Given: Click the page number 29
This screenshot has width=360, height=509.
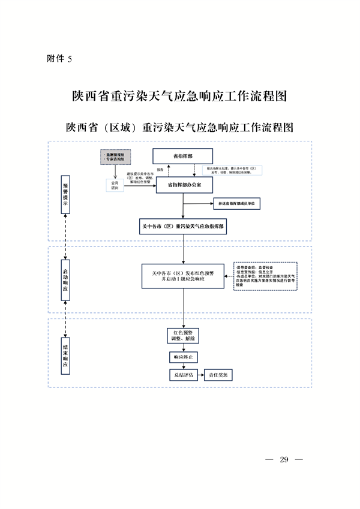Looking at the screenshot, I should click(284, 460).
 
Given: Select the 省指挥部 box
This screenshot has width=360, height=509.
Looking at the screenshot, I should click(182, 156).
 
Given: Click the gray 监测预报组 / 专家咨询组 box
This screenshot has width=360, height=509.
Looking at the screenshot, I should click(115, 158).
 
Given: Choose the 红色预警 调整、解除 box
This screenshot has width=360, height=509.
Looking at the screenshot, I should click(183, 335).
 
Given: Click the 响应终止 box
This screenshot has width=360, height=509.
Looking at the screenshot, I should click(183, 357).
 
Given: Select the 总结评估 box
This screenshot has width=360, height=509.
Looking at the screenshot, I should click(183, 375).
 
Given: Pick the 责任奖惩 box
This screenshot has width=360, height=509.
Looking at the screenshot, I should click(218, 375).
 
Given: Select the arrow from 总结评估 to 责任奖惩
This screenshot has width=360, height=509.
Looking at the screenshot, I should click(201, 375).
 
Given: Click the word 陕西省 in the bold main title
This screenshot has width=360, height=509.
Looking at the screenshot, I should click(90, 96).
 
